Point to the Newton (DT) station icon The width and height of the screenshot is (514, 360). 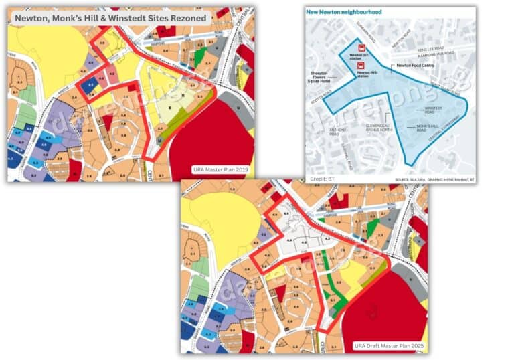(362, 48)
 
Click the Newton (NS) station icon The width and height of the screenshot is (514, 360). (362, 66)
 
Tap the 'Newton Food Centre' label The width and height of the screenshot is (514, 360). (413, 66)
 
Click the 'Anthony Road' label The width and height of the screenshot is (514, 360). (334, 132)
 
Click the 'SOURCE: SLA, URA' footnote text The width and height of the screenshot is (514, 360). (408, 179)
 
